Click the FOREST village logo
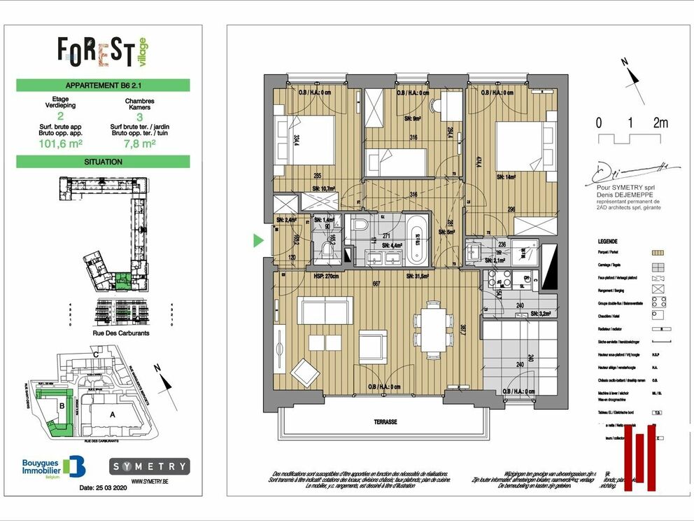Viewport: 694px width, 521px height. pyautogui.click(x=103, y=51)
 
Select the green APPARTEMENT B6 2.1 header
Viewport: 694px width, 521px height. pyautogui.click(x=103, y=85)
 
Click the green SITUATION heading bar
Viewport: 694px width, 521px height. pyautogui.click(x=103, y=162)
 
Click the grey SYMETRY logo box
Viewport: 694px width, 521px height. pyautogui.click(x=150, y=466)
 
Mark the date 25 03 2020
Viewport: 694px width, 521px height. pyautogui.click(x=103, y=487)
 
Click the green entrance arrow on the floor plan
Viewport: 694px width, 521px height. pyautogui.click(x=258, y=241)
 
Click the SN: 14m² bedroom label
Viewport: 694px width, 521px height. pyautogui.click(x=509, y=176)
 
